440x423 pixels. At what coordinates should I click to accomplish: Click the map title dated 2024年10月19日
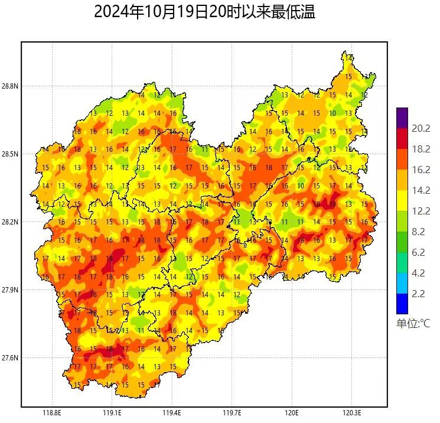point(204,12)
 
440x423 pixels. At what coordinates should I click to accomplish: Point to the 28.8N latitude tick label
point(10,86)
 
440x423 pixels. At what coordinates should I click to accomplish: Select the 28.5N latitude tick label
point(10,154)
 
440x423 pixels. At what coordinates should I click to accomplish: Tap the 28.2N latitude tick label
point(10,222)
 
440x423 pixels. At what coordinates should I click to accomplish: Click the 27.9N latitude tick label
point(10,290)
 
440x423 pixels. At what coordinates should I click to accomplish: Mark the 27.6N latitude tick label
point(10,358)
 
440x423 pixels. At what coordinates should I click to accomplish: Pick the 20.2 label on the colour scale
point(421,129)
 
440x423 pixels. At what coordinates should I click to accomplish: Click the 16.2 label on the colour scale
point(421,170)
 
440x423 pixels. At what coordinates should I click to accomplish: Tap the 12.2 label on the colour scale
point(421,211)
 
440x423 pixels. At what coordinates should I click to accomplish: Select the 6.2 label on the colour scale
point(421,252)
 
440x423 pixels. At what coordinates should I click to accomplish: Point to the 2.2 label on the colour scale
point(421,294)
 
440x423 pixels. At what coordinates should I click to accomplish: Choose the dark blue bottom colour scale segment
point(402,304)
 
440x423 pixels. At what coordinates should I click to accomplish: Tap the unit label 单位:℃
point(413,324)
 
